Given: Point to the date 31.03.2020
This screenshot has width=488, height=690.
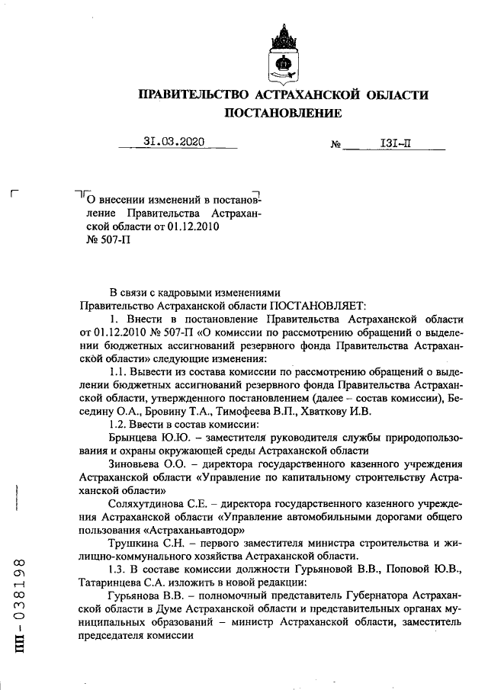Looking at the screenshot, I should coord(175,141).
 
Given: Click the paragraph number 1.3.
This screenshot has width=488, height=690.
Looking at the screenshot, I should coord(120,570).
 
